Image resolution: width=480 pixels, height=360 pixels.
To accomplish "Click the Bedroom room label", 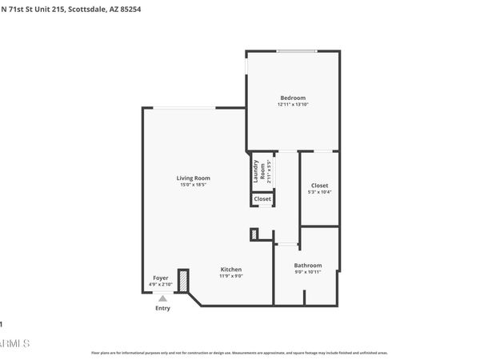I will tap(292, 98).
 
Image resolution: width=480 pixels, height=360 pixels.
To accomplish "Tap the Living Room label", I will tap(193, 178).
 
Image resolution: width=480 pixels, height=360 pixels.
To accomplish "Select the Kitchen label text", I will tap(231, 270).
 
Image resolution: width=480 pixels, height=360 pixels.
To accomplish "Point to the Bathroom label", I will tap(308, 266).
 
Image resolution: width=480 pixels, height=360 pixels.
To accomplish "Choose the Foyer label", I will tap(161, 278).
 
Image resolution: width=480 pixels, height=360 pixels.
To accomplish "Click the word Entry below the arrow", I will tap(162, 308).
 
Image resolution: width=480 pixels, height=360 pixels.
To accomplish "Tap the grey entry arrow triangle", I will tap(162, 298).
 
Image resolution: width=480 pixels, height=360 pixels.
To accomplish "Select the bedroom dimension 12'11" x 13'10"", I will tap(292, 105).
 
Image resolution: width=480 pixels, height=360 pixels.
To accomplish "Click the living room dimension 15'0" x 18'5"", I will tap(193, 185).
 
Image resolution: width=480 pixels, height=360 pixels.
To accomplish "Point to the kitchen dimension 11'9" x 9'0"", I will tap(231, 277).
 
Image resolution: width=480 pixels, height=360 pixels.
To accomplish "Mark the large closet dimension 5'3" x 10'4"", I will tap(319, 192).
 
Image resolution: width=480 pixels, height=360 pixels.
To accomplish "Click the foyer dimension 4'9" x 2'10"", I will tap(161, 285).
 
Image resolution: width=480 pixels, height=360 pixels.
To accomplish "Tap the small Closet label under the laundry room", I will tap(262, 199).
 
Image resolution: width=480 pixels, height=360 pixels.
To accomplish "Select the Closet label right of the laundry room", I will tap(319, 185).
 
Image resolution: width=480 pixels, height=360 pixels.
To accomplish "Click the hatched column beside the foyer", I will tap(183, 280).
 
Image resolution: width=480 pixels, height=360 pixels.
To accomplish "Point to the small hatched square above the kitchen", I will tap(254, 234).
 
